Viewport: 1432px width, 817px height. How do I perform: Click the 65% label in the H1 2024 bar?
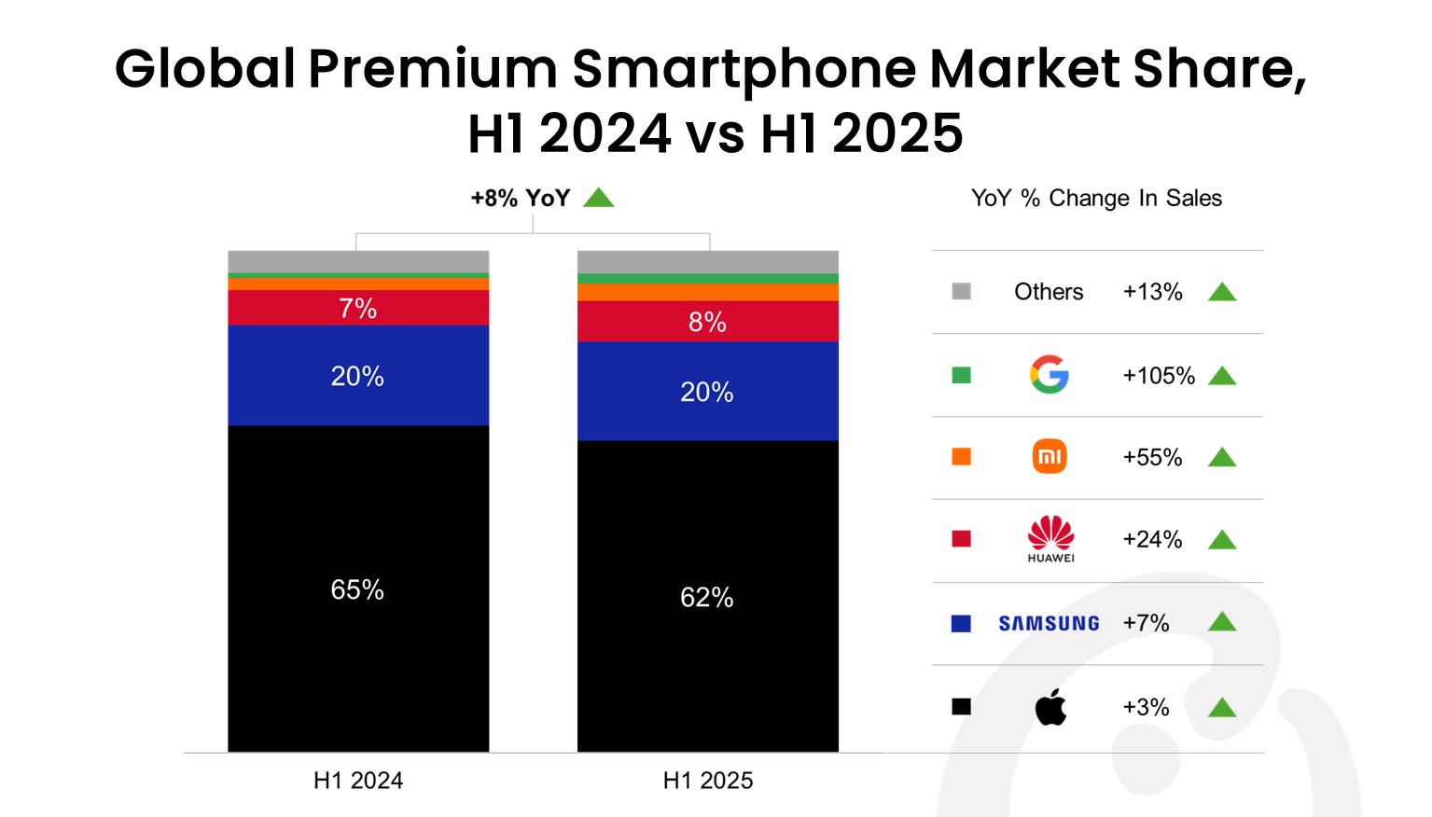357,589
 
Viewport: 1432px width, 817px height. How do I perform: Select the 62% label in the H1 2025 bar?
706,597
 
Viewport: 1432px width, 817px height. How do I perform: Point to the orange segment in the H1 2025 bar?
707,292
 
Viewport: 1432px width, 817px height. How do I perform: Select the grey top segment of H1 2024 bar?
357,261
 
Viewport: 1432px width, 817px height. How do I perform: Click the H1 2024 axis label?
358,781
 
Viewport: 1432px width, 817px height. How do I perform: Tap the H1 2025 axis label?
707,781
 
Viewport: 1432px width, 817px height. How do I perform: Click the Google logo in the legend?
1050,375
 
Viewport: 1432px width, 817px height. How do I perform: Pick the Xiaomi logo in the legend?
1050,457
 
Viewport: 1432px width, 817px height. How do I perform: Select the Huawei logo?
1050,538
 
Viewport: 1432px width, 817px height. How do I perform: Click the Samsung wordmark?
1049,623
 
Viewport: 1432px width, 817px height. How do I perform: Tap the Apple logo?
1050,707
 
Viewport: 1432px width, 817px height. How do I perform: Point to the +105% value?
1159,376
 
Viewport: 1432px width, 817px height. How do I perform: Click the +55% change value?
1152,457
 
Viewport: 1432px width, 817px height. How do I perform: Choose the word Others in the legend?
1049,292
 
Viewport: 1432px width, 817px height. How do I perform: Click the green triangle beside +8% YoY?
598,198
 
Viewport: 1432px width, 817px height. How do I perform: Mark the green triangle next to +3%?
1222,708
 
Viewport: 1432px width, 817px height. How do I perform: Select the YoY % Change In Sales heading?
1096,198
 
